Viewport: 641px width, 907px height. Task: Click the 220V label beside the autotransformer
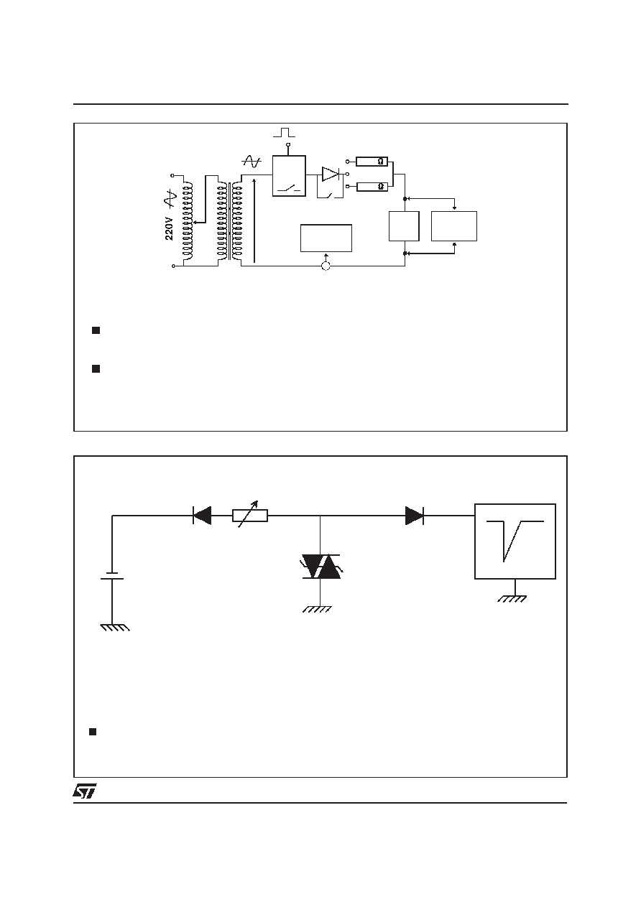pyautogui.click(x=169, y=229)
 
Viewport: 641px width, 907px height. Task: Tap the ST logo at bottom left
pyautogui.click(x=84, y=791)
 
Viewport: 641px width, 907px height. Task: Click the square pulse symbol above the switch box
pyautogui.click(x=284, y=132)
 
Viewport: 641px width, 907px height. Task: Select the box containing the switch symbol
pyautogui.click(x=289, y=176)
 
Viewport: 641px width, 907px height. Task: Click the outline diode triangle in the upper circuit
pyautogui.click(x=330, y=174)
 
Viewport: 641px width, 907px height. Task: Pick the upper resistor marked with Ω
pyautogui.click(x=372, y=162)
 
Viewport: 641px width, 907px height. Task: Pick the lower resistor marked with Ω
pyautogui.click(x=372, y=187)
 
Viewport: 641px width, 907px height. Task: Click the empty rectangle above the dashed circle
pyautogui.click(x=326, y=238)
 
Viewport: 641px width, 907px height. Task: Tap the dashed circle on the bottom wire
pyautogui.click(x=326, y=266)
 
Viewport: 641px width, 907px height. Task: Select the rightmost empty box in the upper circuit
pyautogui.click(x=454, y=226)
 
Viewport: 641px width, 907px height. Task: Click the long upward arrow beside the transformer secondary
pyautogui.click(x=254, y=220)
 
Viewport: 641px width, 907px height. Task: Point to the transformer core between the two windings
pyautogui.click(x=230, y=221)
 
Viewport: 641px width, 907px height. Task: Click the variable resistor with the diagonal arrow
pyautogui.click(x=250, y=516)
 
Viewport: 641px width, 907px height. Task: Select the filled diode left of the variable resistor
pyautogui.click(x=202, y=516)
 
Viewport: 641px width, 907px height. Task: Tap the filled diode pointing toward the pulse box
pyautogui.click(x=415, y=516)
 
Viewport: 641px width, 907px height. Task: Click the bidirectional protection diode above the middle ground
pyautogui.click(x=321, y=567)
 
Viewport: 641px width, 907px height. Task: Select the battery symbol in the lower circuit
pyautogui.click(x=112, y=576)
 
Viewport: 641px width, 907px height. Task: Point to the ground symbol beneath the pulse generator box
pyautogui.click(x=512, y=599)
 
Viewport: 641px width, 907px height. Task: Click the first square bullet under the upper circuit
pyautogui.click(x=96, y=330)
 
